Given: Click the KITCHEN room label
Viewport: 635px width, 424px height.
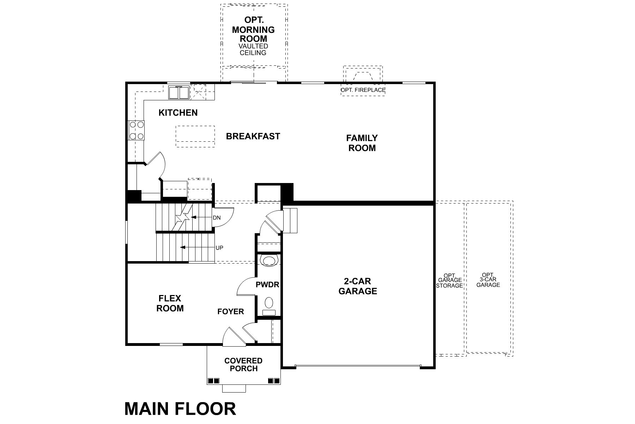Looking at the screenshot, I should tap(178, 113).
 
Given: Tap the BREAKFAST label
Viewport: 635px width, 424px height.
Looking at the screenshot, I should tap(253, 136).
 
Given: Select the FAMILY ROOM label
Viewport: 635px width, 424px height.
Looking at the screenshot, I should tap(362, 143).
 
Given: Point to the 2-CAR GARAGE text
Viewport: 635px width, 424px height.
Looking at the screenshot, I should tap(357, 286).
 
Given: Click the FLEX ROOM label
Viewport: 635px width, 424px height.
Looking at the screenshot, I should tap(170, 304).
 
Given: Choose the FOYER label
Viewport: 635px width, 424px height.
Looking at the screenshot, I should tap(230, 312).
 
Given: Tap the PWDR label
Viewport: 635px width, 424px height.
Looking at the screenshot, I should tap(267, 284).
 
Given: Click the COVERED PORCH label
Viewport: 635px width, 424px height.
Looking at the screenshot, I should tap(243, 365).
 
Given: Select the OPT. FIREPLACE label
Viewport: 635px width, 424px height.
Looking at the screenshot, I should tap(363, 90).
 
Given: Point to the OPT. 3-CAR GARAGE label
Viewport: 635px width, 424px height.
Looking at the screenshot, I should tap(488, 280).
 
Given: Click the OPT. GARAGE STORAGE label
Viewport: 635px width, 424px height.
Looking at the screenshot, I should tap(449, 281).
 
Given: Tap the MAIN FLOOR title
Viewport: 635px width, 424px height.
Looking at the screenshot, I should tap(180, 409).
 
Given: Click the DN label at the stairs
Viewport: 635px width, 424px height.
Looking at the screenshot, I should tap(217, 218).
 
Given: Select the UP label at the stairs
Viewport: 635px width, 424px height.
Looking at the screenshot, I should tap(219, 248).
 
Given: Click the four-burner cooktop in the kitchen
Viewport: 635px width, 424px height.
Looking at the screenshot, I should tap(137, 130).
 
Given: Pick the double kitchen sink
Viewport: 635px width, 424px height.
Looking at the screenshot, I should tap(179, 93).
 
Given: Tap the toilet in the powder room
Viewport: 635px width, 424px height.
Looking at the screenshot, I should tap(269, 303).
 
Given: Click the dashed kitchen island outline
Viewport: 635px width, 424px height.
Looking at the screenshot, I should tap(195, 136).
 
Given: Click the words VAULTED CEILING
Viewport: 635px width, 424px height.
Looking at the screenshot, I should tap(253, 49).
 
